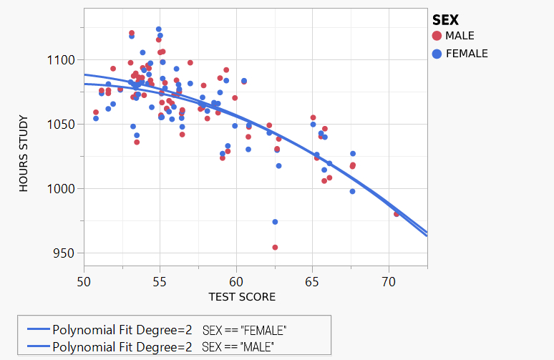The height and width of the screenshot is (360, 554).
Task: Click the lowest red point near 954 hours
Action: tap(275, 248)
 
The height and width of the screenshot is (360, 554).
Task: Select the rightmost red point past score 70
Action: tap(397, 214)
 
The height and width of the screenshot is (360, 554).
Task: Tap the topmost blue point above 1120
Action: tap(158, 29)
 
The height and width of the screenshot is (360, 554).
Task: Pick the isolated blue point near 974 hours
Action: tap(275, 222)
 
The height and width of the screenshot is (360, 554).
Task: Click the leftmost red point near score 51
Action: tap(96, 112)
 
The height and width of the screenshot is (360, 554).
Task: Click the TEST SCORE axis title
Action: tap(242, 296)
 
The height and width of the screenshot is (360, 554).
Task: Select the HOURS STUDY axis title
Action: tap(24, 154)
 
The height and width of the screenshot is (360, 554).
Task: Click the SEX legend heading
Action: tap(445, 20)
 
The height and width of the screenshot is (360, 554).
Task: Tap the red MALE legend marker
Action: tap(437, 36)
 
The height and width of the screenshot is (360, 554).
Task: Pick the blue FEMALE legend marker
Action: tap(437, 54)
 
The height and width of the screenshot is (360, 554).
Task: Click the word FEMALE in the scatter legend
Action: tap(467, 54)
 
